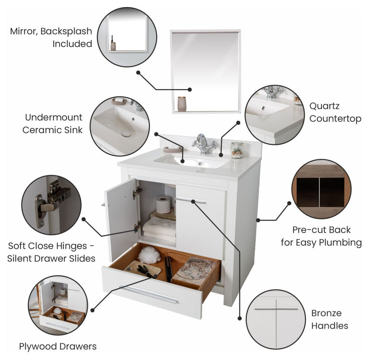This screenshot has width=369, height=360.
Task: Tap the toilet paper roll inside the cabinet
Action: point(163,205)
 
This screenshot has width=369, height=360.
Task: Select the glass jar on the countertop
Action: point(237,150)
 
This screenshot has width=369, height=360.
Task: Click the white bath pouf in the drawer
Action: point(149,255)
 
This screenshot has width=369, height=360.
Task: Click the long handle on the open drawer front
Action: point(149,294)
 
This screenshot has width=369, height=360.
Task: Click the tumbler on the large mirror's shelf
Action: point(182,104)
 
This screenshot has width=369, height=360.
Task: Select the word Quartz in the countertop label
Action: point(324,106)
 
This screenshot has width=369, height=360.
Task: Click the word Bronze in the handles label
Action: point(326,313)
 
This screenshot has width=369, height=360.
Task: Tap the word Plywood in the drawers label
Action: point(38,347)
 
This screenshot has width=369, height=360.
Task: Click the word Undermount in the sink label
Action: point(54,117)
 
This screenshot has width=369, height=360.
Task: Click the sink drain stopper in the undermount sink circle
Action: point(126,134)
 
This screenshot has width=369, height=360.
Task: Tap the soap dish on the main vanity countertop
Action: point(173,149)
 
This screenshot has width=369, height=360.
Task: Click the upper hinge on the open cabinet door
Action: point(137,192)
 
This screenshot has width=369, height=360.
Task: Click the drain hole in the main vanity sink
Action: point(200,163)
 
